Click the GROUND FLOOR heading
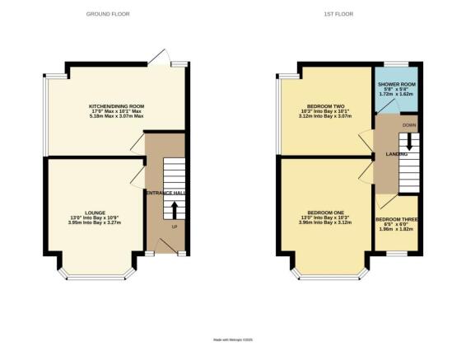tap(109, 14)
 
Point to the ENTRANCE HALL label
tap(166, 193)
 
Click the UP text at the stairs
tap(174, 226)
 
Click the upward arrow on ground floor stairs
tap(174, 206)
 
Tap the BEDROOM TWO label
tap(326, 106)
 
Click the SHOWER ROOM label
tap(396, 84)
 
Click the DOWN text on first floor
tap(408, 125)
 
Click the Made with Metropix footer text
tap(232, 339)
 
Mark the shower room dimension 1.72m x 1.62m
tap(396, 95)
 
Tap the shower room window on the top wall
tap(395, 64)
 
